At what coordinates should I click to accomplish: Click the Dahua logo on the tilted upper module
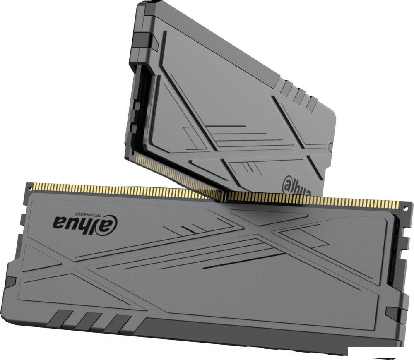[297, 186]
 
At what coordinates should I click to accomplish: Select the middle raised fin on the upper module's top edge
[299, 95]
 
